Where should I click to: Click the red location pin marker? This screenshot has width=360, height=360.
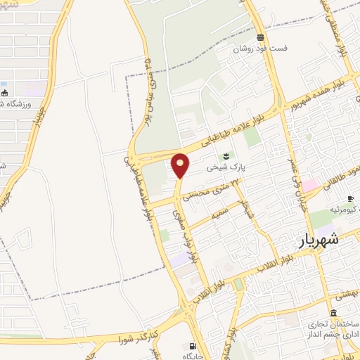[181, 165]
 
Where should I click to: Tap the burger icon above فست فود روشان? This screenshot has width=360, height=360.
[261, 37]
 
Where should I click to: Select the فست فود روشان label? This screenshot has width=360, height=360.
[261, 50]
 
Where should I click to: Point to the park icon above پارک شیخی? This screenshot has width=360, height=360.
[226, 156]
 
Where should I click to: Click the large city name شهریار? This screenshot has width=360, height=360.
[314, 239]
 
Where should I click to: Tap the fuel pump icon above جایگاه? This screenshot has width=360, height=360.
[192, 345]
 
